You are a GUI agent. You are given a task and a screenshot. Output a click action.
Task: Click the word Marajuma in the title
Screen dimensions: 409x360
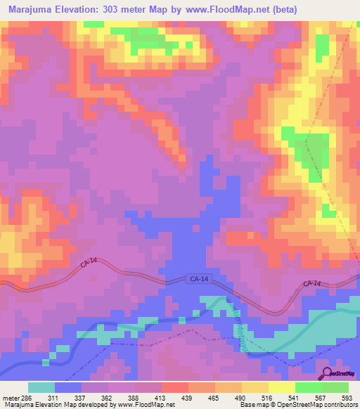[34, 10]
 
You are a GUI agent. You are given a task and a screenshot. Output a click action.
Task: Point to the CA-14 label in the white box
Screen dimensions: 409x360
[199, 279]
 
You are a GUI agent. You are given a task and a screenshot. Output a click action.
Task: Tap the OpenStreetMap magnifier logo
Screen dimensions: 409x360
[326, 373]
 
